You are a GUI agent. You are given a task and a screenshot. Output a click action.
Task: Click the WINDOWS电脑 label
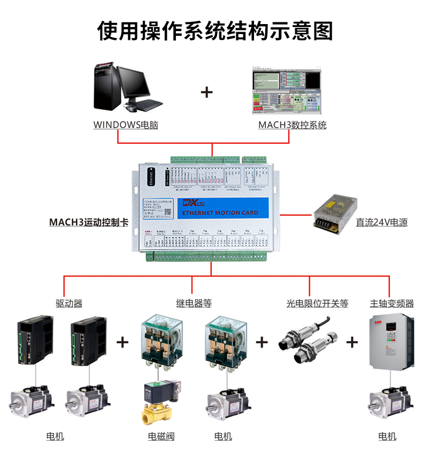126,125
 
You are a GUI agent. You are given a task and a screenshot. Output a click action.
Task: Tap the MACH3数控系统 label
292,125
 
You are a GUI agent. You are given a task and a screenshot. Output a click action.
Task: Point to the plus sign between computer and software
207,92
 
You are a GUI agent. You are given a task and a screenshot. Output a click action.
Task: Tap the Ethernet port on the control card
150,176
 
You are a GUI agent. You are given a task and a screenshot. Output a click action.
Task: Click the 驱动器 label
69,303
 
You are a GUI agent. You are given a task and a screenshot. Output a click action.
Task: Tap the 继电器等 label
194,303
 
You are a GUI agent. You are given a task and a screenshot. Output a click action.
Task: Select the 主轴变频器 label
392,303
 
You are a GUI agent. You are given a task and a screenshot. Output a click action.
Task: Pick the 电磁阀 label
161,437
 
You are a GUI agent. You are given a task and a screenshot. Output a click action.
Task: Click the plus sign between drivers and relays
122,342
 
